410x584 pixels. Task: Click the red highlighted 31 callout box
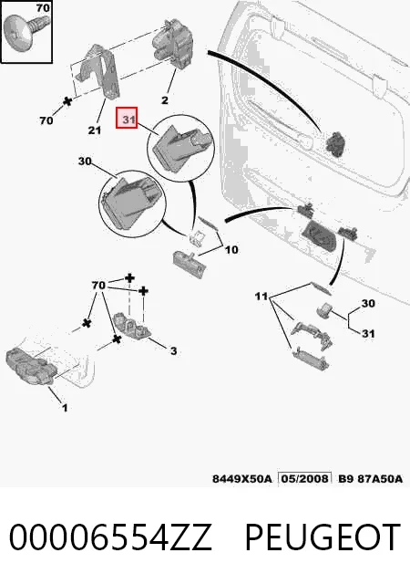click(127, 118)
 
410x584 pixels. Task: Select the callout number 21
click(95, 130)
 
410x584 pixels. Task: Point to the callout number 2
click(165, 100)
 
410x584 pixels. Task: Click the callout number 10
click(231, 249)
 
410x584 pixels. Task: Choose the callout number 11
click(261, 297)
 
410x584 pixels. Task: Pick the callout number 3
click(173, 350)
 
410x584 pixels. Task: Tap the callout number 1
click(65, 408)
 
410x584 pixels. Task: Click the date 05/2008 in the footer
click(304, 478)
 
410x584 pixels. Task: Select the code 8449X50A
click(241, 478)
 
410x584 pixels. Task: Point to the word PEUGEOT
click(323, 537)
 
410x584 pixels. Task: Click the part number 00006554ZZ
click(110, 537)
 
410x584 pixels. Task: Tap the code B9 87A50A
click(370, 478)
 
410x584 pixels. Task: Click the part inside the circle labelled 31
click(182, 148)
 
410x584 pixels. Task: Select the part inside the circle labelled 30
click(133, 203)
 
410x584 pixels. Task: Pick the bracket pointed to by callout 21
click(98, 71)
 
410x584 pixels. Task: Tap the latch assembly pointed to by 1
click(31, 367)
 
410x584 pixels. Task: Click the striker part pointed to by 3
click(131, 325)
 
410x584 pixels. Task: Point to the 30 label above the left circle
click(85, 162)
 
